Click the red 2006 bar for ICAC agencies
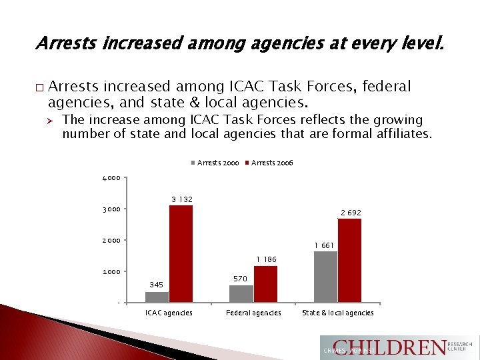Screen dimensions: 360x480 pos(181,254)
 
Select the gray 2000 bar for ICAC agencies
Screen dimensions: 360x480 pos(157,297)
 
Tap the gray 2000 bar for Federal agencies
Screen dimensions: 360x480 pos(241,294)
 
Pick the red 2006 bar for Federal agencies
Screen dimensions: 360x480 pos(265,284)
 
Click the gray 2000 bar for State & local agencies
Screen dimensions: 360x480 pos(325,277)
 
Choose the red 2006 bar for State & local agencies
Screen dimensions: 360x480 pos(349,261)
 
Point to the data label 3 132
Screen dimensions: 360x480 pos(182,199)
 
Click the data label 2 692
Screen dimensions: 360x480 pos(351,213)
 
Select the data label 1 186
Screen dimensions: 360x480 pos(265,259)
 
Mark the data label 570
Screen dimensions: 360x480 pos(241,279)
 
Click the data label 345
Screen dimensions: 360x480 pos(156,285)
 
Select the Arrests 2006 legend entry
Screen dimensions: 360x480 pos(271,163)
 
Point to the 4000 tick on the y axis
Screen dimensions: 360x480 pos(111,178)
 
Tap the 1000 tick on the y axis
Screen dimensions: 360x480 pos(111,272)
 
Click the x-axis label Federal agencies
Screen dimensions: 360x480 pos(253,313)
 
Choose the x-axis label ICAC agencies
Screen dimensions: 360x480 pos(169,313)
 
